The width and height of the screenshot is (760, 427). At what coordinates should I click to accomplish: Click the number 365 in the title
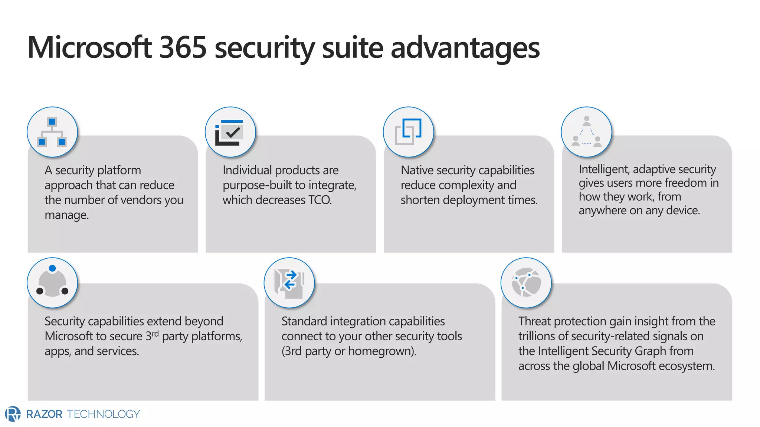(183, 47)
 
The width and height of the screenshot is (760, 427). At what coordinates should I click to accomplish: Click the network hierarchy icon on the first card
(52, 132)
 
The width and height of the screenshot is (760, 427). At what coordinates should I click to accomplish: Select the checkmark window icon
(230, 132)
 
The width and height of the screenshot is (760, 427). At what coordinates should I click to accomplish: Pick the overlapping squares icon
(408, 132)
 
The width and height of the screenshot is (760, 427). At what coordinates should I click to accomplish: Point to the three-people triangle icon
(586, 132)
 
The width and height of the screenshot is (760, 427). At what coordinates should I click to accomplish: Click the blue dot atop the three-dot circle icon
(52, 268)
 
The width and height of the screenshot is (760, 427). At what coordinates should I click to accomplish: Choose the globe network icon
(526, 283)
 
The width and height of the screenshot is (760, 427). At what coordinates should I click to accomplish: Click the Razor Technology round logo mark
(13, 414)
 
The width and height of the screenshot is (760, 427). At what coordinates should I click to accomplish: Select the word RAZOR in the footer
(44, 414)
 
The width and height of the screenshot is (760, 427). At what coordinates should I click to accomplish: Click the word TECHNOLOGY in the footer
(103, 414)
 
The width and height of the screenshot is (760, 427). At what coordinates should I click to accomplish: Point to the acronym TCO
(320, 200)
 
